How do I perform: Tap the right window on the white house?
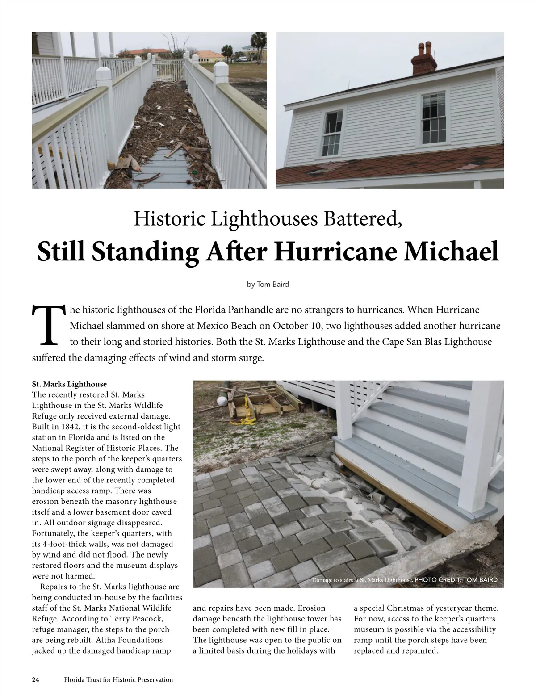pyautogui.click(x=433, y=117)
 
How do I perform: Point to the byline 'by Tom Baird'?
pyautogui.click(x=268, y=284)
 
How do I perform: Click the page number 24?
pyautogui.click(x=36, y=680)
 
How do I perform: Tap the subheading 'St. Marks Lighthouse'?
pyautogui.click(x=70, y=384)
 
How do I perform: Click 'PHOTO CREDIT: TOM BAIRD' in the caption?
pyautogui.click(x=456, y=580)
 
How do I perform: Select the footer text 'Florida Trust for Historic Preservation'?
pyautogui.click(x=118, y=680)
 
